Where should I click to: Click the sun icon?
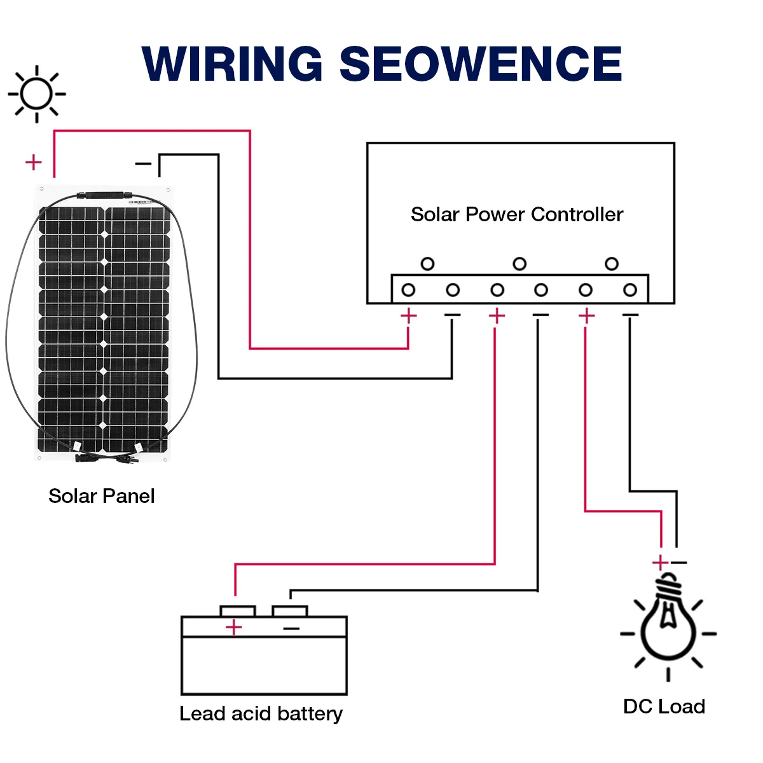[36, 94]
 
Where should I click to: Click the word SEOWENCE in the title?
[481, 64]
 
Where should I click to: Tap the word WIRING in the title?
[233, 64]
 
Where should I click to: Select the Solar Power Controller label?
[516, 214]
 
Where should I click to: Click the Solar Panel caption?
[102, 496]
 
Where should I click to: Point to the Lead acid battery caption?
[261, 713]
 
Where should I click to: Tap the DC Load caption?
[664, 706]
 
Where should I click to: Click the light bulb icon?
[668, 626]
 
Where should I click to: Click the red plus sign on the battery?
[234, 628]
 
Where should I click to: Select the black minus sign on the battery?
[291, 629]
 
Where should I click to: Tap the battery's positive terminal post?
[238, 611]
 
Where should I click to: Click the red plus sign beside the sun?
[33, 162]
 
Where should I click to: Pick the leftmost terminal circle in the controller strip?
[408, 290]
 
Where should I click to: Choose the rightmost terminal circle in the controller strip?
[630, 290]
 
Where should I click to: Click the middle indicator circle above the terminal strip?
[519, 263]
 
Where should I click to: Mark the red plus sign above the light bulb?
[660, 563]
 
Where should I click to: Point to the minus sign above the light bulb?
[679, 563]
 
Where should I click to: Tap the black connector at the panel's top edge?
[103, 195]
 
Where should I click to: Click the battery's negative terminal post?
[290, 611]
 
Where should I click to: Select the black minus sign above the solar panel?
[144, 164]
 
